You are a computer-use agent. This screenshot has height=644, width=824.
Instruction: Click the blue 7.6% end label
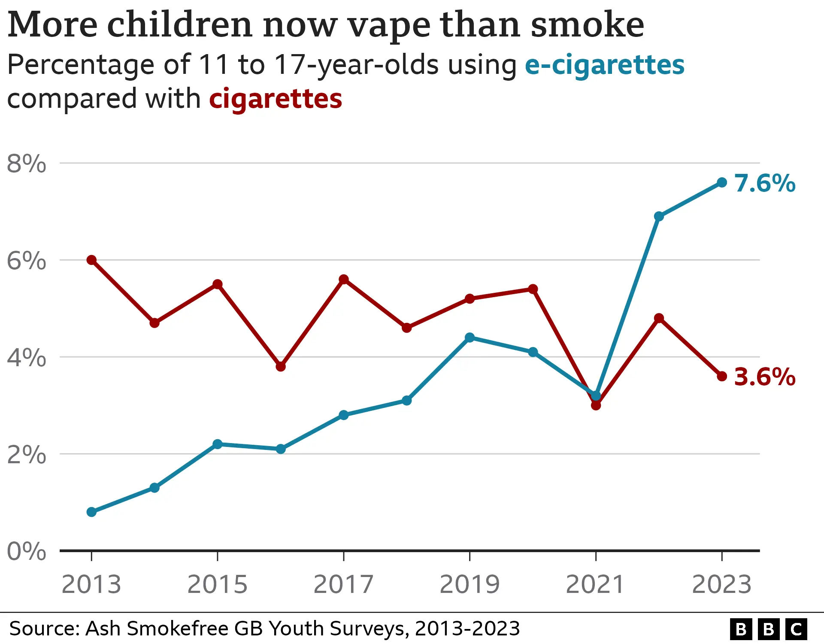[x=765, y=183]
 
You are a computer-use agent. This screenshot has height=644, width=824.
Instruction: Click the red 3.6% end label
[x=765, y=377]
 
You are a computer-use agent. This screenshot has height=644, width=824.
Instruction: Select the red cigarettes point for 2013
[x=91, y=260]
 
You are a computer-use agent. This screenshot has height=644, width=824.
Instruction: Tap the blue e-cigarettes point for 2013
[x=91, y=512]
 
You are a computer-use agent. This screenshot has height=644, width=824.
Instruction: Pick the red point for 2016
[x=281, y=367]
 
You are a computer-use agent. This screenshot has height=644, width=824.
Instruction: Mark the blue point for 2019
[x=470, y=337]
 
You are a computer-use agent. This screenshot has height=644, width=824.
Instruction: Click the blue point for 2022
[x=659, y=216]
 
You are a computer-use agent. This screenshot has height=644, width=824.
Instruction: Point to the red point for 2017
[x=344, y=279]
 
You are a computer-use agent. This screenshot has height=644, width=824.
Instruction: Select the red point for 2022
[x=659, y=318]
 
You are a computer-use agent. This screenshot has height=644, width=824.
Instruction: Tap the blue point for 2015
[x=218, y=444]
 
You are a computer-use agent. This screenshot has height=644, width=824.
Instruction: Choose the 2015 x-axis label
[x=218, y=584]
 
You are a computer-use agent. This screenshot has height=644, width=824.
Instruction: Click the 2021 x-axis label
[x=595, y=584]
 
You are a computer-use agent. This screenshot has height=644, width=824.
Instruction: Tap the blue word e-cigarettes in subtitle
[x=604, y=65]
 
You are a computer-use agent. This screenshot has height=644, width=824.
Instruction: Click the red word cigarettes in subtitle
[x=276, y=99]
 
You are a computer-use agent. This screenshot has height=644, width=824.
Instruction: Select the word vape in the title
[x=389, y=26]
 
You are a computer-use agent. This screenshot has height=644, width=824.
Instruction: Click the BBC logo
[x=768, y=629]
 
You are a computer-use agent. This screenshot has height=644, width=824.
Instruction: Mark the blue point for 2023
[x=722, y=182]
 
